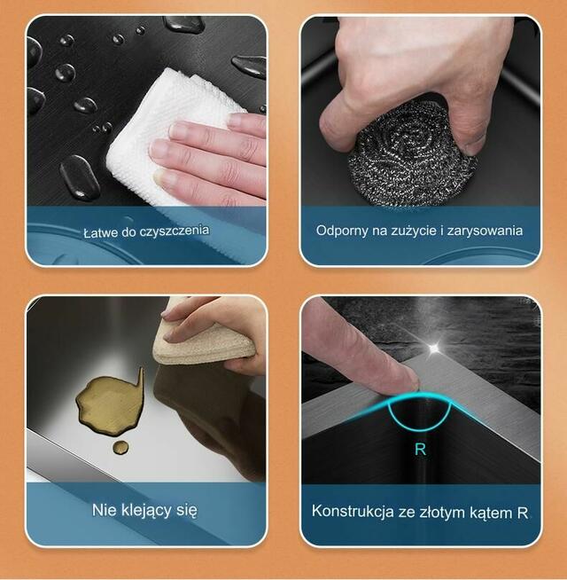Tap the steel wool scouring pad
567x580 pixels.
[411, 156]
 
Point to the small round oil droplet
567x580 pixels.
[120, 448]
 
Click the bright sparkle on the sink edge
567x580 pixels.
[434, 348]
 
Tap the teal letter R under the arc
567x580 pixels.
[420, 449]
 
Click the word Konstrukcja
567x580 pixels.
[353, 512]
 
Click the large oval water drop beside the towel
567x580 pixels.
[80, 177]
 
